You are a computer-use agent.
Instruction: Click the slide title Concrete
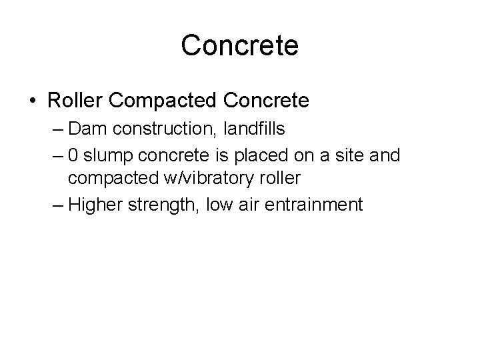click(239, 46)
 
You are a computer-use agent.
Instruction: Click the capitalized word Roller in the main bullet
click(74, 101)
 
